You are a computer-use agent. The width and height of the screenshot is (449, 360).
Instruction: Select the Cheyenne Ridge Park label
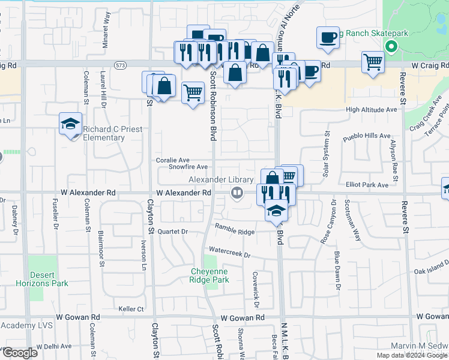coord(209,275)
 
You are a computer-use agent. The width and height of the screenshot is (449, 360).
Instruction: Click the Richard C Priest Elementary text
coord(96,133)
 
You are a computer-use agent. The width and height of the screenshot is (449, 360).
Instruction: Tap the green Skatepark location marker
coord(391,46)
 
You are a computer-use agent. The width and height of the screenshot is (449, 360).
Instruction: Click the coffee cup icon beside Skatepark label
coord(328,37)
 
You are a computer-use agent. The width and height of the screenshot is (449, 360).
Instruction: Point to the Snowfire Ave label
coord(188,167)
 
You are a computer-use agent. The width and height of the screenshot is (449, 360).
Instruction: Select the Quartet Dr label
coord(173,232)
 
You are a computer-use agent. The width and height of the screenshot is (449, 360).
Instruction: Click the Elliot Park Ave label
coord(367,185)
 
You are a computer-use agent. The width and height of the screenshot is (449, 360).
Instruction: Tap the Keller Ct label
coord(131,309)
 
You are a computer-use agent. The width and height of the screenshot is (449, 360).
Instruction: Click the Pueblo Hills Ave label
coord(366,136)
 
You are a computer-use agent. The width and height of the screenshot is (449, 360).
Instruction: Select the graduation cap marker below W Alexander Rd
coord(276,211)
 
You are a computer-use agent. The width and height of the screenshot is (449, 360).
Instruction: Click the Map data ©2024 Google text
coord(411,355)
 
